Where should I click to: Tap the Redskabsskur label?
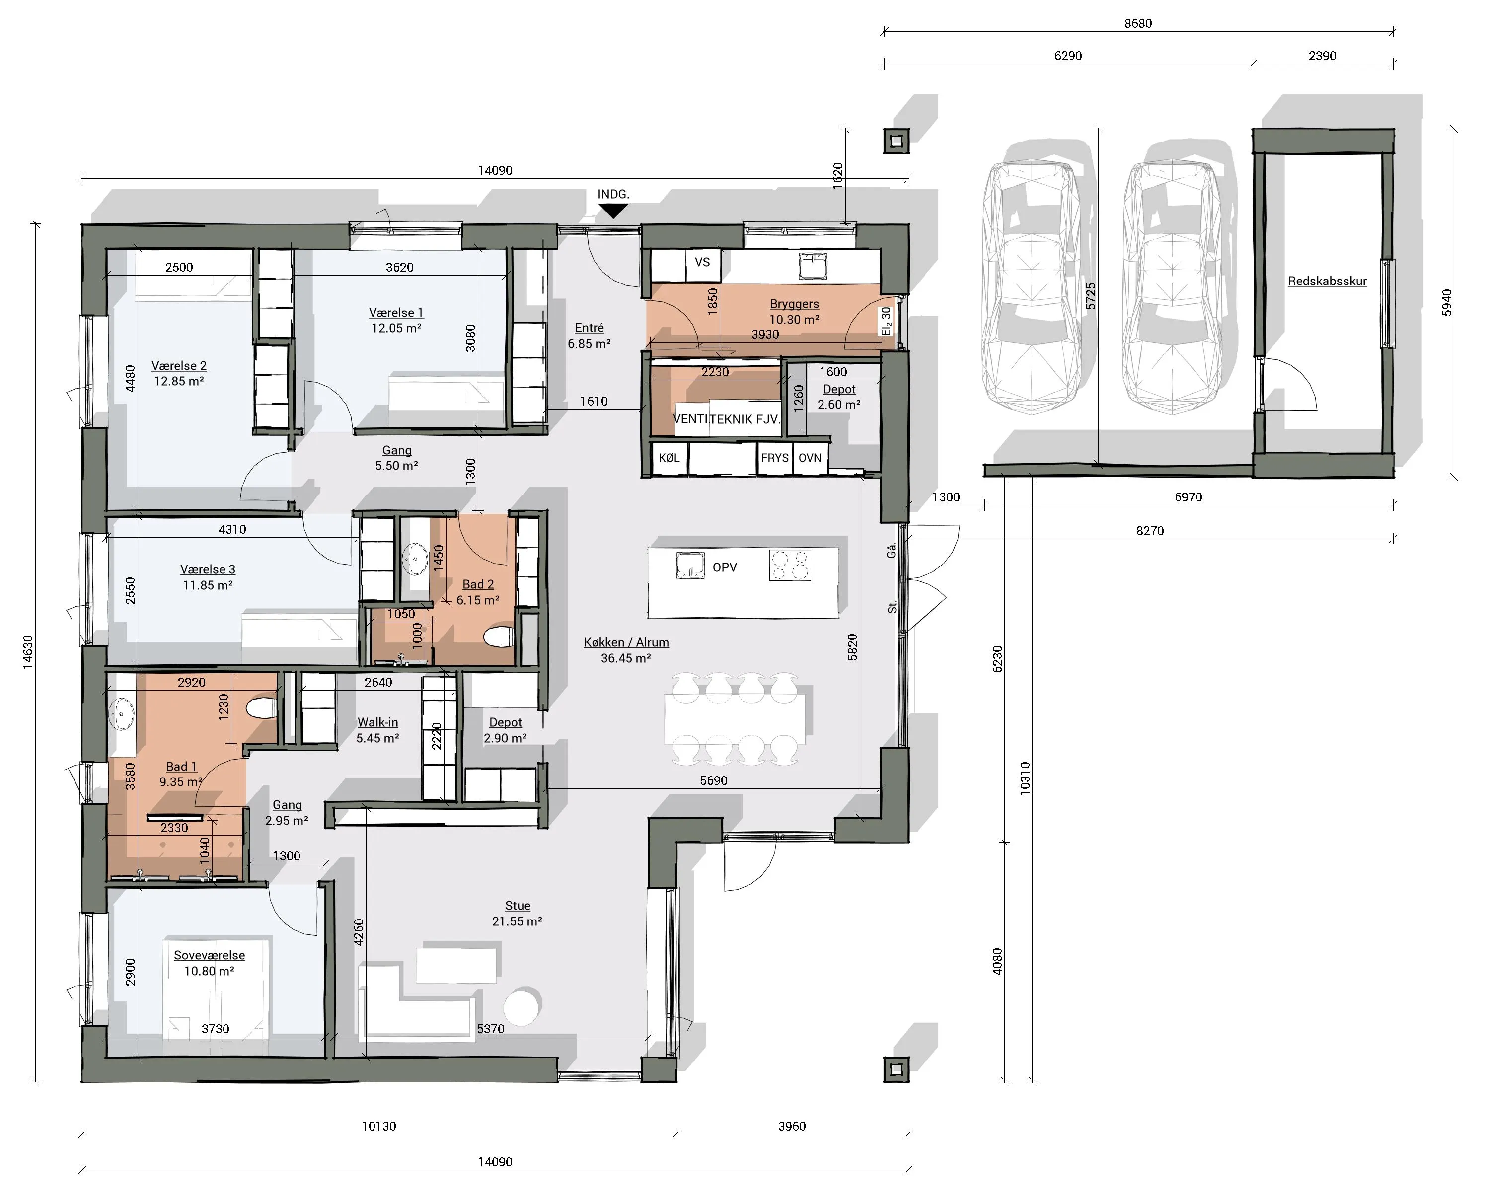click(x=1327, y=281)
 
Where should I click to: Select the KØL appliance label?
click(x=669, y=458)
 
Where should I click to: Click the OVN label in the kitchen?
click(x=810, y=458)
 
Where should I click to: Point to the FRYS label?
click(x=774, y=458)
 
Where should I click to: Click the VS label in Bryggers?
click(x=702, y=262)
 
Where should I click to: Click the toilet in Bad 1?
click(x=262, y=708)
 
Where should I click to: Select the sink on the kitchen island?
click(x=690, y=565)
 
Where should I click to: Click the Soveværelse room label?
click(x=209, y=955)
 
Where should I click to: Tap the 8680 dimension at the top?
click(x=1138, y=24)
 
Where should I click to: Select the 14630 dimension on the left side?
click(x=28, y=652)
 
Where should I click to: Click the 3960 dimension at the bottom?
click(x=792, y=1126)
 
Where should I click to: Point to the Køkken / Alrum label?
click(x=626, y=642)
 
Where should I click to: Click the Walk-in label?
click(x=377, y=722)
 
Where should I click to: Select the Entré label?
click(x=589, y=328)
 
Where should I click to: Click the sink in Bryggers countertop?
click(x=813, y=265)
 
